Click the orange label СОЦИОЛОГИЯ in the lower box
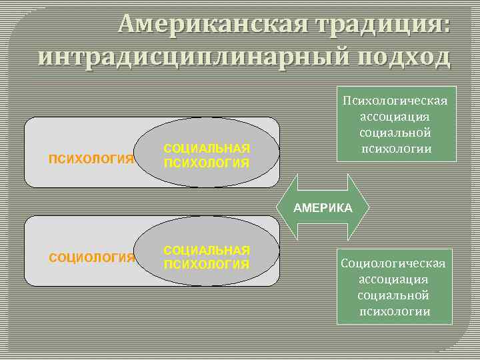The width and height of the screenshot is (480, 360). [93, 257]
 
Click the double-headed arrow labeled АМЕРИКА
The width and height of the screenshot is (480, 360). [323, 208]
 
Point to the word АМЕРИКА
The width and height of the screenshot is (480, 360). [323, 208]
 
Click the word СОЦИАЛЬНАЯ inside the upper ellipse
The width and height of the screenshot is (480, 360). [207, 148]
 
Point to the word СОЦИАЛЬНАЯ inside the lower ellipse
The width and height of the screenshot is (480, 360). [207, 250]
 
